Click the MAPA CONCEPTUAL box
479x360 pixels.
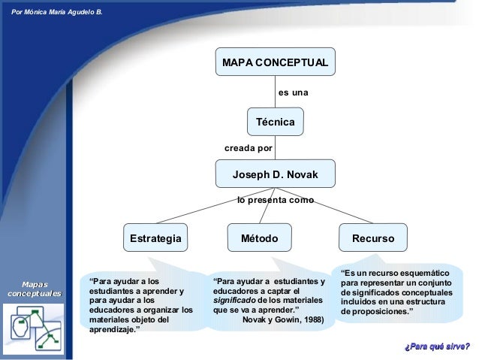pyautogui.click(x=275, y=62)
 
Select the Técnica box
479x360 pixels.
pyautogui.click(x=275, y=121)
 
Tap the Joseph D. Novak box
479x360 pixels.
pyautogui.click(x=275, y=175)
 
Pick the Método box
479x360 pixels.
pyautogui.click(x=259, y=238)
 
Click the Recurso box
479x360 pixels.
pyautogui.click(x=372, y=238)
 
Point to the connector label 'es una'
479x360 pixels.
pyautogui.click(x=294, y=92)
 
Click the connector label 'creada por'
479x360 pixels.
pyautogui.click(x=249, y=148)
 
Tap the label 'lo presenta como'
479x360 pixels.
pyautogui.click(x=276, y=201)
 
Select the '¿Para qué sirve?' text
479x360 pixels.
pyautogui.click(x=437, y=346)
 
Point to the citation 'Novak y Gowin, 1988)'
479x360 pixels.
pyautogui.click(x=284, y=319)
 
